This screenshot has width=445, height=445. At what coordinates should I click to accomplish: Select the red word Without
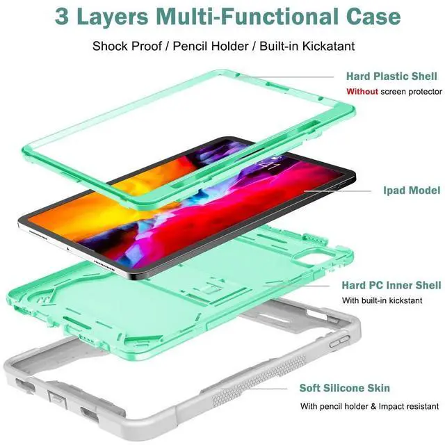click(362, 92)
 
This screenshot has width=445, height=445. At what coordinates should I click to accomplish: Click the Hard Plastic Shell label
click(391, 76)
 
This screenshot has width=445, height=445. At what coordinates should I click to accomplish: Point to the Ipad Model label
click(412, 190)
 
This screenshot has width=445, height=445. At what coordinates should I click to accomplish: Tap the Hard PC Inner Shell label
click(391, 285)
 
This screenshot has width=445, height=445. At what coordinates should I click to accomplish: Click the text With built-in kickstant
click(382, 300)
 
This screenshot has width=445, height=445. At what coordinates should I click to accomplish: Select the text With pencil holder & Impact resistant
click(369, 406)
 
